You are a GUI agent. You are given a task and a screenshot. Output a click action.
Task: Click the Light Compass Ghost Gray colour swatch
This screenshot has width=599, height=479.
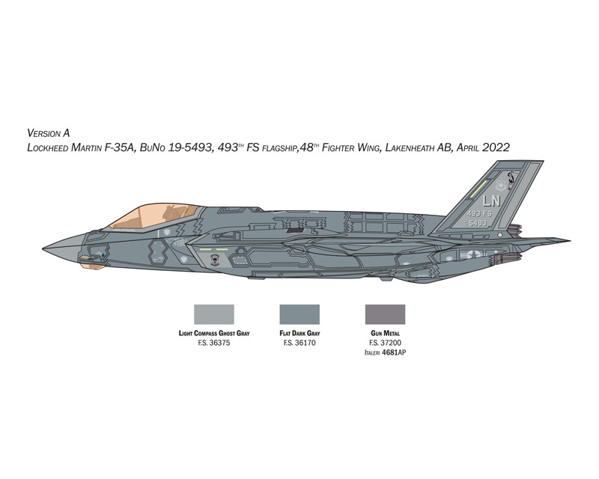214,314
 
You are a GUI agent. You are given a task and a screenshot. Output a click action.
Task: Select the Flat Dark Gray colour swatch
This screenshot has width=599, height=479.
299,314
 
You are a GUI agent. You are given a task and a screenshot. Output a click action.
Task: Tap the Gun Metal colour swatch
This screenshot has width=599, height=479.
385,314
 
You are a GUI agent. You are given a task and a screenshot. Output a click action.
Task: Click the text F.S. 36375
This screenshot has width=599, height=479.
214,343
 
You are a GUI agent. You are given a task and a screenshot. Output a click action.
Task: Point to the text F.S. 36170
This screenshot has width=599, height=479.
299,343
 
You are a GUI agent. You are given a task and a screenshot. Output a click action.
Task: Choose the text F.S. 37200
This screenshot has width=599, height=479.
385,343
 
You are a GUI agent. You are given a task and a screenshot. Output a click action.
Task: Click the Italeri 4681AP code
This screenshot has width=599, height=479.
385,353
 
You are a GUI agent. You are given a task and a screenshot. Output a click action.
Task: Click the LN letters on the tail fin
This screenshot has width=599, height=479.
491,201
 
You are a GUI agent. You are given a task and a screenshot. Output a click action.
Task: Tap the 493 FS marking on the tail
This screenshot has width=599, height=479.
479,214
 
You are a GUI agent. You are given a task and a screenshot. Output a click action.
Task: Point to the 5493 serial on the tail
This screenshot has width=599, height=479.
477,223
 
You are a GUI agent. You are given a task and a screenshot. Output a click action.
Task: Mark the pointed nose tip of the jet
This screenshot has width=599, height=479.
43,248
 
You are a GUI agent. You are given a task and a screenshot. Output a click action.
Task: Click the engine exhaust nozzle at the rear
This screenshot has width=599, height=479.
506,260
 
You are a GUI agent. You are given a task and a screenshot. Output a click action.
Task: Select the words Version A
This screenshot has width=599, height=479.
49,133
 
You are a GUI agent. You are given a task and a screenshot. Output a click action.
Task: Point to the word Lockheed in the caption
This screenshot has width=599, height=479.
47,148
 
